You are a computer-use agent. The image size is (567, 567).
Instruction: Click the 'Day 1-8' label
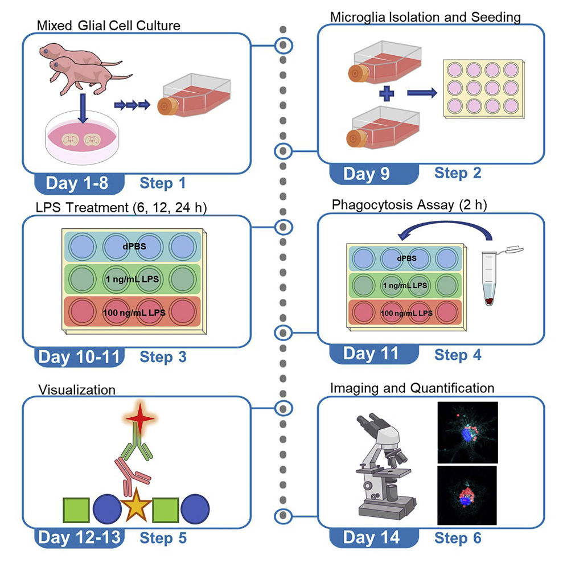pyautogui.click(x=78, y=183)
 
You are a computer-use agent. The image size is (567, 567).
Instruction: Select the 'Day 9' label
pyautogui.click(x=367, y=173)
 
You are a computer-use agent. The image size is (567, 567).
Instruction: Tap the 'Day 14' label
pyautogui.click(x=371, y=536)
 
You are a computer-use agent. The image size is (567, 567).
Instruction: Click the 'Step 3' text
pyautogui.click(x=163, y=357)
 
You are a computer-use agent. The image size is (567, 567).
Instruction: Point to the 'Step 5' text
pyautogui.click(x=163, y=536)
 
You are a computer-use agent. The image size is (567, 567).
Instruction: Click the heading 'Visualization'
pyautogui.click(x=77, y=389)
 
